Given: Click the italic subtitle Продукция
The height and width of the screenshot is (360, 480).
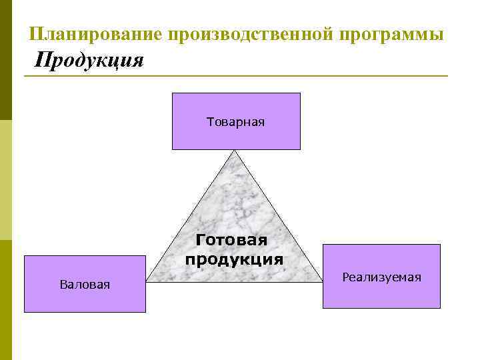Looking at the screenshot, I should point(89,61).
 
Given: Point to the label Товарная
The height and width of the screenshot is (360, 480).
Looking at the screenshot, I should point(236,121).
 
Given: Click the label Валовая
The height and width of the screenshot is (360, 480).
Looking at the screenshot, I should point(85,285).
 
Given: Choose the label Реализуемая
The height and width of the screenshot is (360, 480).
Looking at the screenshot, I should point(381,277).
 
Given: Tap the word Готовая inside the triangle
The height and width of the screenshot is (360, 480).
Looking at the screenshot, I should point(231,240).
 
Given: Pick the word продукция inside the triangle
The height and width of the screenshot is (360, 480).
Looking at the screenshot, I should point(234,259).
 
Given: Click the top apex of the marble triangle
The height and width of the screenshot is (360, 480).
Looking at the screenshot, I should point(235,151).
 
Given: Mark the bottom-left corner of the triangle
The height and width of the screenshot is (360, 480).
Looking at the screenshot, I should point(147,281).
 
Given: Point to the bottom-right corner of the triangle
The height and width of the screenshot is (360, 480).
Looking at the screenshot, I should point(322,281).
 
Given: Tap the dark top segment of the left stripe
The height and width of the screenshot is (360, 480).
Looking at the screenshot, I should point(6,60).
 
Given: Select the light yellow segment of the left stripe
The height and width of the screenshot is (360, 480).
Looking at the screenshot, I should point(6,180).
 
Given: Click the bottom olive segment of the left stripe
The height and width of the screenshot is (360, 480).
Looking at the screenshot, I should point(6,300).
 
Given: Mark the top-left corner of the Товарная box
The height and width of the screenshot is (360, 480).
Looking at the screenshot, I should point(173,93).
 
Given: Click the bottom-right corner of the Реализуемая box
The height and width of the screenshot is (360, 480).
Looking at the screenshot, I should point(440,308).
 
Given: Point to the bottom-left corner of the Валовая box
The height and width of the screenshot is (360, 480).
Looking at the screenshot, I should point(25,312).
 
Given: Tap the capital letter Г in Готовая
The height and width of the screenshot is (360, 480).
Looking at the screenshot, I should point(201,240).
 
